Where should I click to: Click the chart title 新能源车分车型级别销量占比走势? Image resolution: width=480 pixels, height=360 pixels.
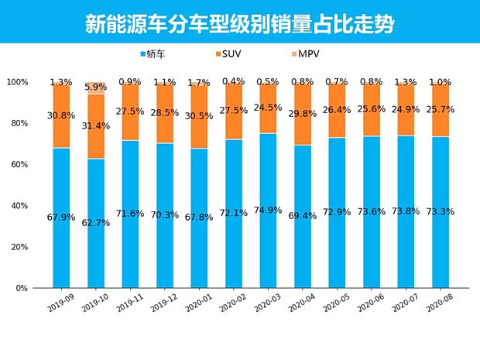[239, 23]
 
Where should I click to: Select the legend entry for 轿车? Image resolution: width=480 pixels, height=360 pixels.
[156, 54]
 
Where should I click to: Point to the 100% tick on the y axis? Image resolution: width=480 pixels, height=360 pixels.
[17, 82]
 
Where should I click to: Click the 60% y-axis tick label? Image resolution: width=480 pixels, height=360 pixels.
[19, 165]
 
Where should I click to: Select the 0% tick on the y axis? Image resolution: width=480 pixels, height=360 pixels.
[22, 288]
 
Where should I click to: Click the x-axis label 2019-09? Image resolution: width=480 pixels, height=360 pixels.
[60, 303]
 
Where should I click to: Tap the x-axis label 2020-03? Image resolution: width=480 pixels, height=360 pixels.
[266, 303]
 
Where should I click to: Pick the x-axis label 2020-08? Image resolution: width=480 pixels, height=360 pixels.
[437, 303]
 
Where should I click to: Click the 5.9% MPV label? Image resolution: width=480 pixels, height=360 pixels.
[96, 87]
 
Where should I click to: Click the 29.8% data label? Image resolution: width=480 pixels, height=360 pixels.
[302, 115]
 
